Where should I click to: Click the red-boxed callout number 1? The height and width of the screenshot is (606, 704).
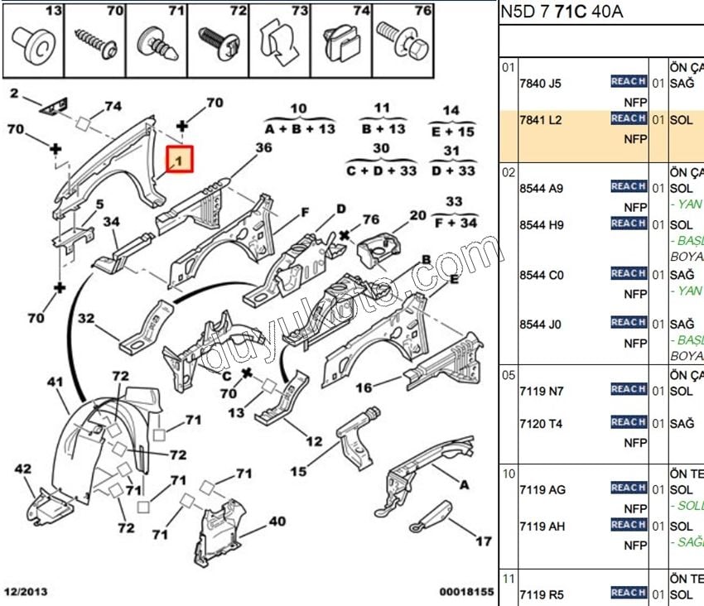click(180, 159)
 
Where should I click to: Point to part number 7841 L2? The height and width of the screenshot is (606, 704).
click(540, 120)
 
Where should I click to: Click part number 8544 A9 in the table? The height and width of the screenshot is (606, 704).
click(540, 188)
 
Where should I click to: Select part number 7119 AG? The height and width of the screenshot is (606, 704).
click(542, 489)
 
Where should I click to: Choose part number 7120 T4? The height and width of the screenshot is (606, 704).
click(540, 424)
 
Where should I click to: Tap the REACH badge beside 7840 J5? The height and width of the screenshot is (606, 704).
click(628, 81)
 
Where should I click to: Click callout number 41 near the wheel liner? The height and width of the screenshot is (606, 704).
click(55, 382)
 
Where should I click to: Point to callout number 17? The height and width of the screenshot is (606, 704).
click(484, 541)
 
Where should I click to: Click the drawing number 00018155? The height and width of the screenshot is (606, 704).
click(466, 593)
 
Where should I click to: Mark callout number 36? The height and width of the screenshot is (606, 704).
click(263, 147)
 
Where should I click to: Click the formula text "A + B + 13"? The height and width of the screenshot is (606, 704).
click(300, 129)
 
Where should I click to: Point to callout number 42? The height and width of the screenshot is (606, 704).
click(22, 469)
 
